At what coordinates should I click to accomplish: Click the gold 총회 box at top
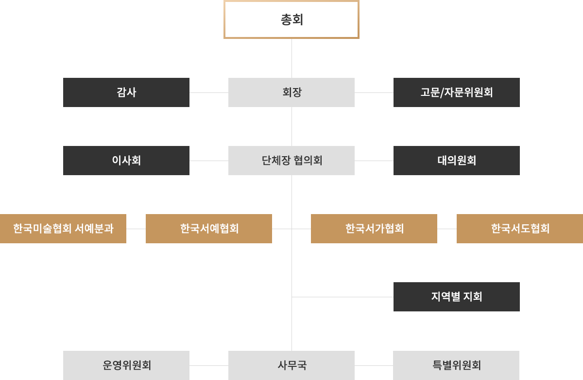coord(291,19)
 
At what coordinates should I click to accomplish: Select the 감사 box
coord(126,92)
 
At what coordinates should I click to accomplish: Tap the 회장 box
coord(291,92)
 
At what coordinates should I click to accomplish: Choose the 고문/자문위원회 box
coord(456,92)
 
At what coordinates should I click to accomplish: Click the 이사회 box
coord(126,160)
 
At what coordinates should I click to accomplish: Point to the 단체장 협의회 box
coord(291,160)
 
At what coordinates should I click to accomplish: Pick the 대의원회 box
coord(456,160)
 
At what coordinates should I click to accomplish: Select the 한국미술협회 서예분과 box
coord(63,228)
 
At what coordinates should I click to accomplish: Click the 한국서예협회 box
coord(209,228)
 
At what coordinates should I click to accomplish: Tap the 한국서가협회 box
coord(374,228)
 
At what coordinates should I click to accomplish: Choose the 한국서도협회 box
coord(520,228)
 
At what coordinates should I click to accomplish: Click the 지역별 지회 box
coord(456,296)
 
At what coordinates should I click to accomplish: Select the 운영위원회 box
coord(126,365)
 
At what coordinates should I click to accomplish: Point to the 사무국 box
coord(291,365)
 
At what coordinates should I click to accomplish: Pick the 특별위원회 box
coord(456,365)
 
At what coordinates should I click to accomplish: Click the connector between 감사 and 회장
coord(208,92)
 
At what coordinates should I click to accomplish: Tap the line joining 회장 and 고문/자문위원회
coord(374,92)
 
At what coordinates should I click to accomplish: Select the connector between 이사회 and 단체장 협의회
coord(208,160)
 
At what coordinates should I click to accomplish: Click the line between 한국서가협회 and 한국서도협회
coord(447,228)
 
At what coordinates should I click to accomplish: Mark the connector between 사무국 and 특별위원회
coord(374,365)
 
